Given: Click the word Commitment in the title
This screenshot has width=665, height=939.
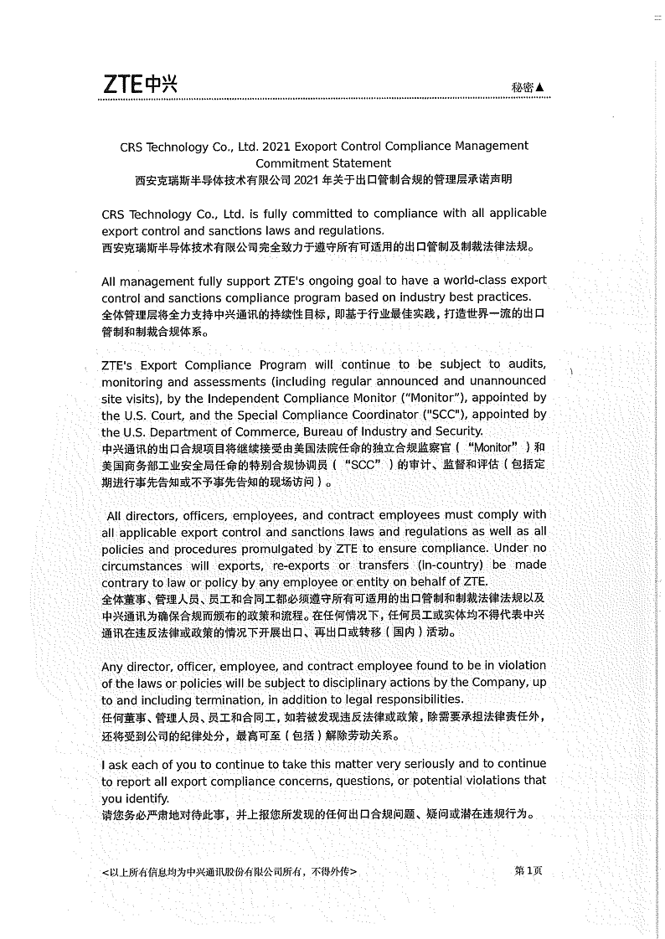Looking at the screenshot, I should [289, 163].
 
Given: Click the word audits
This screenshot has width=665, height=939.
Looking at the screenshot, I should [528, 364].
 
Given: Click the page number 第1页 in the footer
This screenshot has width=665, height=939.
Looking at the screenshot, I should [528, 870].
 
